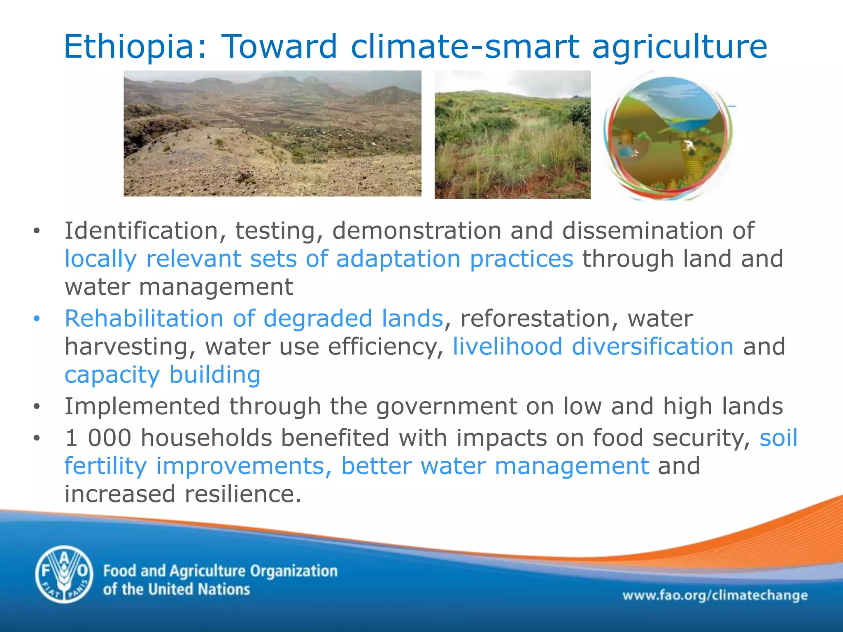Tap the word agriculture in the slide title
[x=680, y=46]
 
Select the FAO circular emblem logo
[x=64, y=574]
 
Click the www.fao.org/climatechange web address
[x=715, y=595]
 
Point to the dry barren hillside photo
[x=272, y=133]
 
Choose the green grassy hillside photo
[x=512, y=135]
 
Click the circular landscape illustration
[x=667, y=136]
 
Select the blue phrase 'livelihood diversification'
[x=593, y=346]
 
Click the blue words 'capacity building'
[x=163, y=375]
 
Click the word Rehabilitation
[x=144, y=318]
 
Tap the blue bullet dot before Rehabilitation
[x=37, y=319]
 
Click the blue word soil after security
[x=778, y=438]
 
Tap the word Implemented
[x=142, y=407]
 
